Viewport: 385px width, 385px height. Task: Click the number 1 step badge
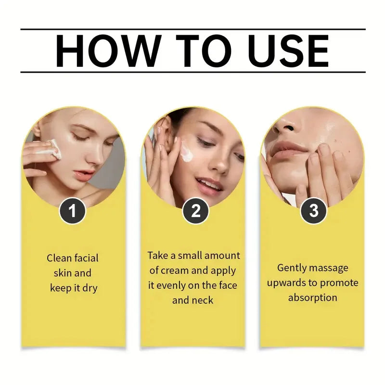[x=72, y=212]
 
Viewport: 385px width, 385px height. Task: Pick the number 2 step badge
[x=195, y=212]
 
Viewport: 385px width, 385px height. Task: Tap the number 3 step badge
[x=313, y=212]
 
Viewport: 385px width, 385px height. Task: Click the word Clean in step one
[x=59, y=258]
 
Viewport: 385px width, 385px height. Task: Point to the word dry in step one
[x=89, y=288]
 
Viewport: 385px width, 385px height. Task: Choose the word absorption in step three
[x=312, y=297]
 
